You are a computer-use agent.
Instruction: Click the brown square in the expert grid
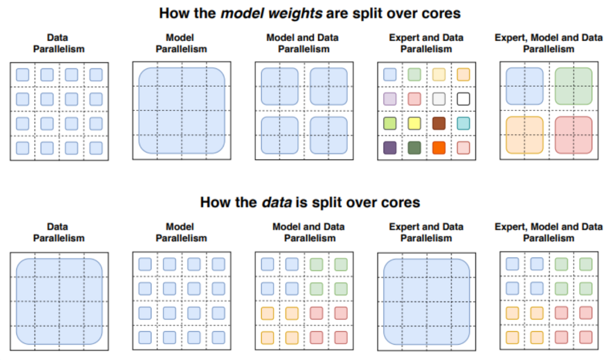tap(439, 123)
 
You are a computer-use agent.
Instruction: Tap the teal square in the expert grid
tap(463, 123)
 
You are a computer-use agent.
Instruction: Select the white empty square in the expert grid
tap(463, 99)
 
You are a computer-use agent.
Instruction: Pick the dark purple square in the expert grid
tap(390, 148)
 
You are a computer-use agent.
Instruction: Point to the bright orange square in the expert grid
tap(439, 148)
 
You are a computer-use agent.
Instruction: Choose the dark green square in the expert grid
tap(414, 148)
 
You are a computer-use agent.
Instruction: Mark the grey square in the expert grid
tap(439, 99)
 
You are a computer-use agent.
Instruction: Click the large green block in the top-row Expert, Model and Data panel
tap(574, 86)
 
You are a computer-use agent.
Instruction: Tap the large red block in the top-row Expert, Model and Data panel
tap(574, 135)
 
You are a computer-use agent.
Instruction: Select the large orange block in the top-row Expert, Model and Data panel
tap(525, 135)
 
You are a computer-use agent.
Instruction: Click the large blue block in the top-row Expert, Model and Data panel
tap(525, 86)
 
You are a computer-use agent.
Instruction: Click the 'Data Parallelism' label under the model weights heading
tap(59, 43)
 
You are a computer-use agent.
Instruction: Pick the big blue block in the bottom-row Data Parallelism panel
tap(59, 301)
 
